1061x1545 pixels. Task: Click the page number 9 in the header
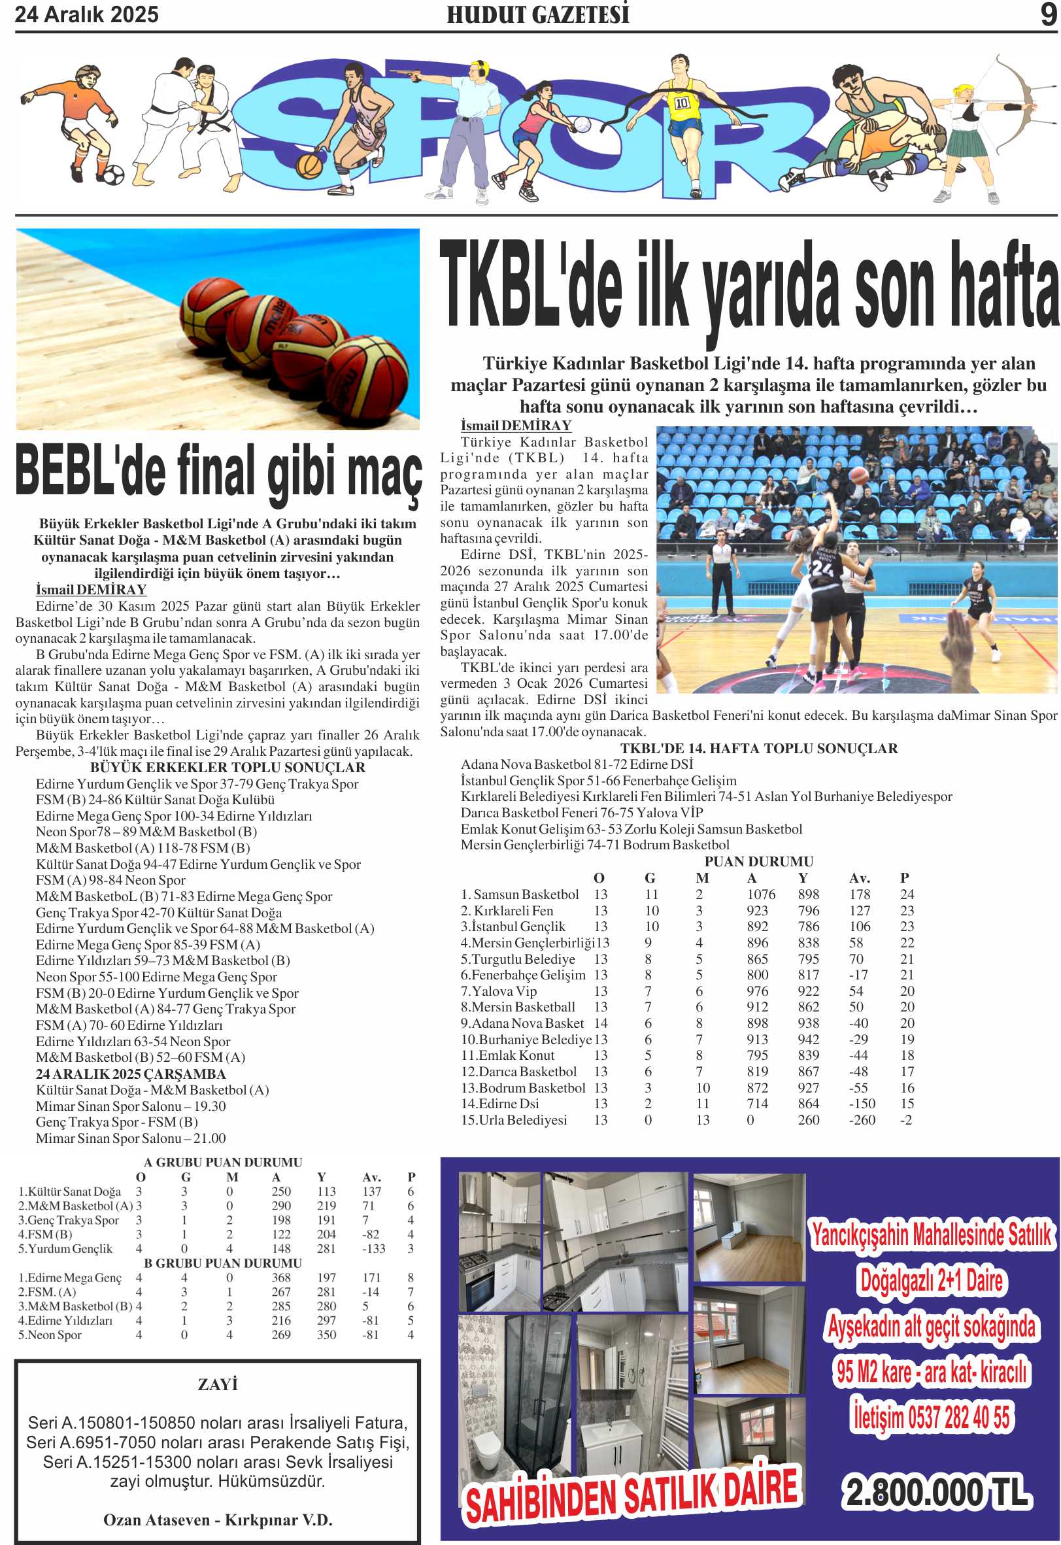[1049, 14]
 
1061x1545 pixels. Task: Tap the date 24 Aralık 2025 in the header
[86, 14]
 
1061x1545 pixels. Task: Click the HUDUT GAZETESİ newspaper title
[537, 14]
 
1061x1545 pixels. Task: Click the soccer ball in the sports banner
[112, 175]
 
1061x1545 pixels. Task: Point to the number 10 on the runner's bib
[682, 103]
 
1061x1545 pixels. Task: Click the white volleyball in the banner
[582, 124]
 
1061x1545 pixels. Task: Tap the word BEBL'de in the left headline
[90, 471]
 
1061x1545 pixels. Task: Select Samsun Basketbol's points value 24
[907, 894]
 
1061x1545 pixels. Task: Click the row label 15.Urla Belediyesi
[514, 1119]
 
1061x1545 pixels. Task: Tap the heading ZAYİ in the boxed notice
[218, 1384]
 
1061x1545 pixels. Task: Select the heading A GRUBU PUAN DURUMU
[223, 1162]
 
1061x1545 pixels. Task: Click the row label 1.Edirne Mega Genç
[70, 1278]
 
